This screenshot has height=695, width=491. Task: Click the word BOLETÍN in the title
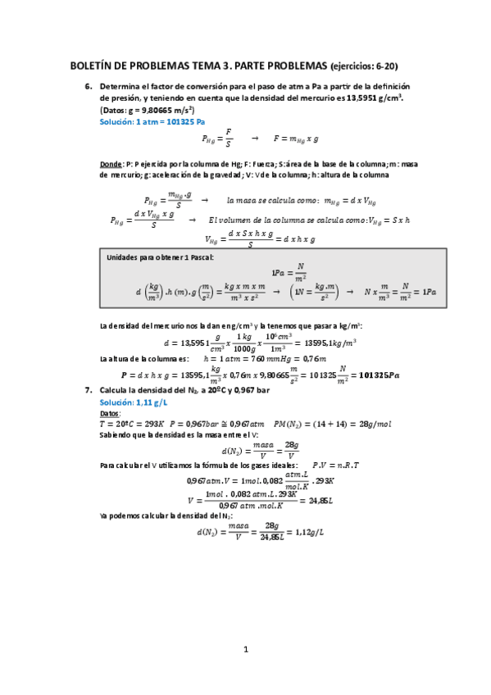click(x=97, y=66)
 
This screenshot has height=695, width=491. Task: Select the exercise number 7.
click(x=88, y=391)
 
